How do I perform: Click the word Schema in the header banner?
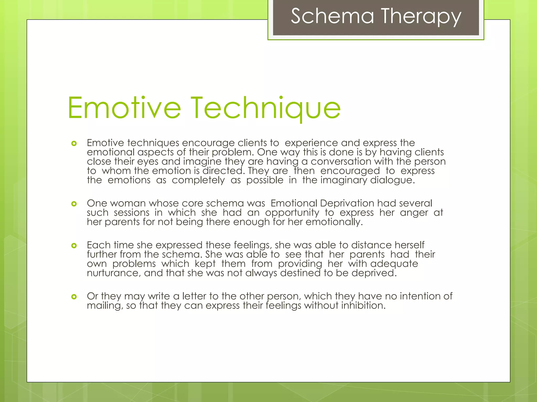coord(332,16)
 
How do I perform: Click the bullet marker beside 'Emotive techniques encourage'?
coord(74,143)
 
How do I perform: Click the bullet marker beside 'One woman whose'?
coord(74,204)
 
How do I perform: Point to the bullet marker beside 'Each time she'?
coord(74,245)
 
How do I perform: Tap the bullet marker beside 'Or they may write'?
coord(74,297)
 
